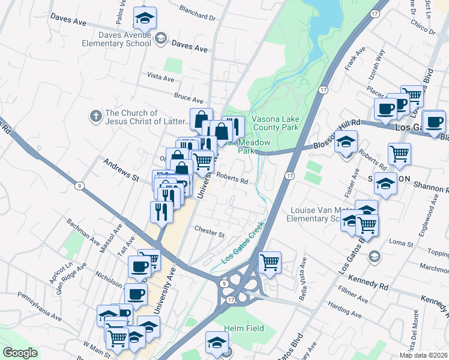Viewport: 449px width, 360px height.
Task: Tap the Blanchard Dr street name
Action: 197,13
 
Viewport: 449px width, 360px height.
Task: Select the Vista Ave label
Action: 160,78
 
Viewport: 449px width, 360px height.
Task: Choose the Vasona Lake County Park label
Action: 276,123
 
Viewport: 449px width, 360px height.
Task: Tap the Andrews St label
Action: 121,170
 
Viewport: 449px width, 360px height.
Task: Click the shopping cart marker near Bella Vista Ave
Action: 270,262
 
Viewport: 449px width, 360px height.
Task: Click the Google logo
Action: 20,353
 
